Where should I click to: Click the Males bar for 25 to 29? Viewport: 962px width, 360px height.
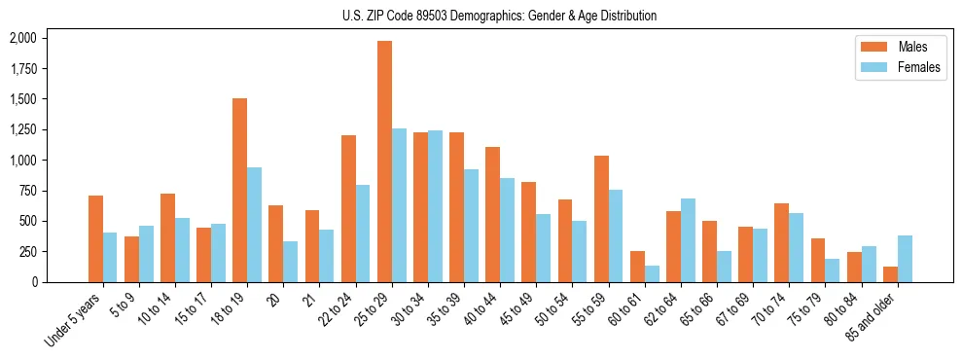[384, 162]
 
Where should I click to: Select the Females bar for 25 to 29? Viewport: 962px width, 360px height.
[399, 205]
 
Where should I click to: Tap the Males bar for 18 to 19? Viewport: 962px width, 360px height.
[239, 190]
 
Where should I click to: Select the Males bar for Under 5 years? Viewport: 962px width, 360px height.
[95, 238]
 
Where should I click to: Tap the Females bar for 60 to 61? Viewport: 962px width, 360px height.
[652, 273]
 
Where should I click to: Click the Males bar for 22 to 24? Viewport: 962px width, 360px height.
[348, 208]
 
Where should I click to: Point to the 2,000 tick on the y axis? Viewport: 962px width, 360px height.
[22, 38]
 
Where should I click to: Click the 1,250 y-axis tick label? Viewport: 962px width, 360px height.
[22, 129]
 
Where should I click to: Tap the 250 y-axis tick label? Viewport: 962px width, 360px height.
[27, 251]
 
